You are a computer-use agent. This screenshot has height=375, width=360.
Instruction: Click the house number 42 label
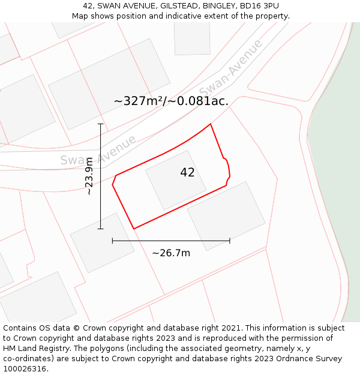(187, 173)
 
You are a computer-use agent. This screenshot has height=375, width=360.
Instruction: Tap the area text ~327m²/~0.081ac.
(171, 101)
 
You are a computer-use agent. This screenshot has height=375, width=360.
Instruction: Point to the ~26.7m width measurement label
(171, 253)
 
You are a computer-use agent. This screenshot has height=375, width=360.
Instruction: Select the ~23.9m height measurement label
(89, 176)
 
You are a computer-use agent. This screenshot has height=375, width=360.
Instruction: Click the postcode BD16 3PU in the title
(259, 6)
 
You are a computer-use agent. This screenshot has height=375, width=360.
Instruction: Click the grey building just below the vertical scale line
(102, 242)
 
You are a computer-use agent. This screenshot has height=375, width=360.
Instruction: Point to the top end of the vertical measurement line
(101, 124)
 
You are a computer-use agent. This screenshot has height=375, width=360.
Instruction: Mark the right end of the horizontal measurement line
(230, 241)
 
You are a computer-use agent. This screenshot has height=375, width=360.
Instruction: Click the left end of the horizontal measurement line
(113, 241)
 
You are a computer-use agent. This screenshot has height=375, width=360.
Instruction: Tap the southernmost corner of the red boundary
(134, 229)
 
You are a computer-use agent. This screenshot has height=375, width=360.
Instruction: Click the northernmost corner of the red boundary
(211, 124)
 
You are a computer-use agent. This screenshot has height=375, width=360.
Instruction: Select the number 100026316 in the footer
(24, 369)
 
